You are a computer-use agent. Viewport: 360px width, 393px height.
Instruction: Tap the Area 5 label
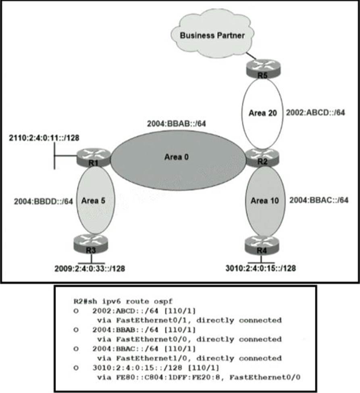pyautogui.click(x=93, y=200)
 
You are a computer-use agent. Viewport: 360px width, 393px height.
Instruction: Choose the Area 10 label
pyautogui.click(x=262, y=200)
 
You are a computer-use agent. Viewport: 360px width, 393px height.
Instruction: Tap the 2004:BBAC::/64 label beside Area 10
pyautogui.click(x=318, y=200)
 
